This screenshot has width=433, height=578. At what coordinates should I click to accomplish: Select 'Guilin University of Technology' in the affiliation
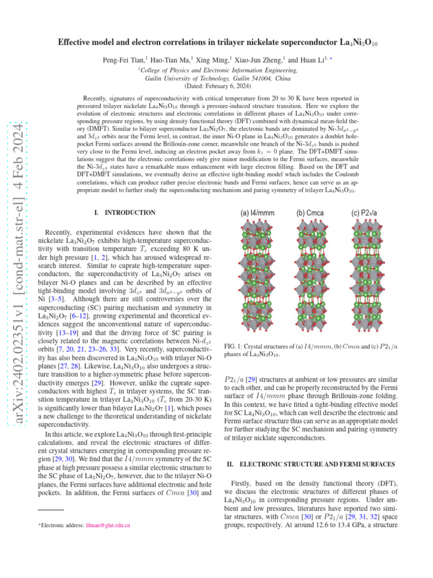point(187,78)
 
